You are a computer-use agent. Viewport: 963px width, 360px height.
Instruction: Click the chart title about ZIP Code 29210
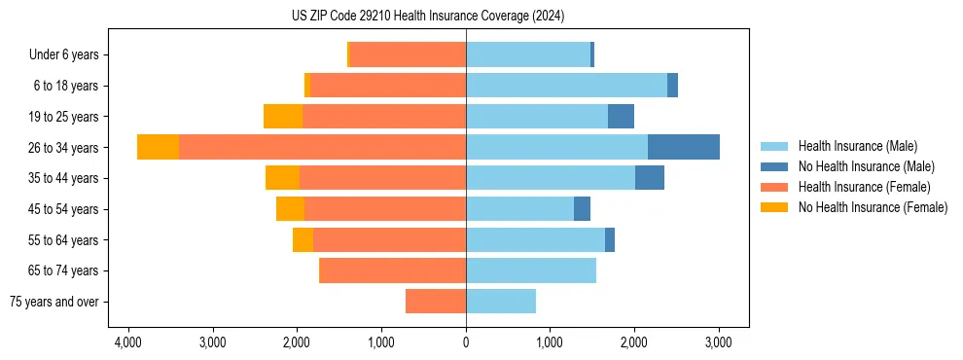(428, 16)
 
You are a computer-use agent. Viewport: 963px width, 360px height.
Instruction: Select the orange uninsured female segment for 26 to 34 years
(158, 147)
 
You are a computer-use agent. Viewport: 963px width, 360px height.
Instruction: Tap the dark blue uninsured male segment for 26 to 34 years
(683, 147)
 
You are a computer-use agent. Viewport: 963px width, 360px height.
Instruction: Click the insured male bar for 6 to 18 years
(566, 86)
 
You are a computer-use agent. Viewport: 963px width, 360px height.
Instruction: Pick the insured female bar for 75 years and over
(435, 302)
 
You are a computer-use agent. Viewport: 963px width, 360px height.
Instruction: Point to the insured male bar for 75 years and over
(500, 302)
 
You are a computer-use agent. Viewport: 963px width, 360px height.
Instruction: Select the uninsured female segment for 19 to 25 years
(283, 117)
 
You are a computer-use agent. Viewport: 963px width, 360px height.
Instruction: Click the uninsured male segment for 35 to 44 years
(649, 178)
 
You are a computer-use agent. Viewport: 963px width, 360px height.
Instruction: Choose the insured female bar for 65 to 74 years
(392, 270)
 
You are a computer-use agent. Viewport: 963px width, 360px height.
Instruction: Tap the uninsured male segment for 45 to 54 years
(582, 209)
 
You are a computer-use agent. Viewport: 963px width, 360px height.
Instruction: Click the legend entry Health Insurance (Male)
(857, 146)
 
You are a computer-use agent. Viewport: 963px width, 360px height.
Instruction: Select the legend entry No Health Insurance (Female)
(873, 207)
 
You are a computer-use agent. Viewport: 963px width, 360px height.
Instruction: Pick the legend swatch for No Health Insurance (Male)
(774, 166)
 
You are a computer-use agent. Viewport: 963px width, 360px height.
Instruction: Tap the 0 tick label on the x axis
(466, 342)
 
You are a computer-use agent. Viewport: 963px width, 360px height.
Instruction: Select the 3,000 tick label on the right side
(718, 342)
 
